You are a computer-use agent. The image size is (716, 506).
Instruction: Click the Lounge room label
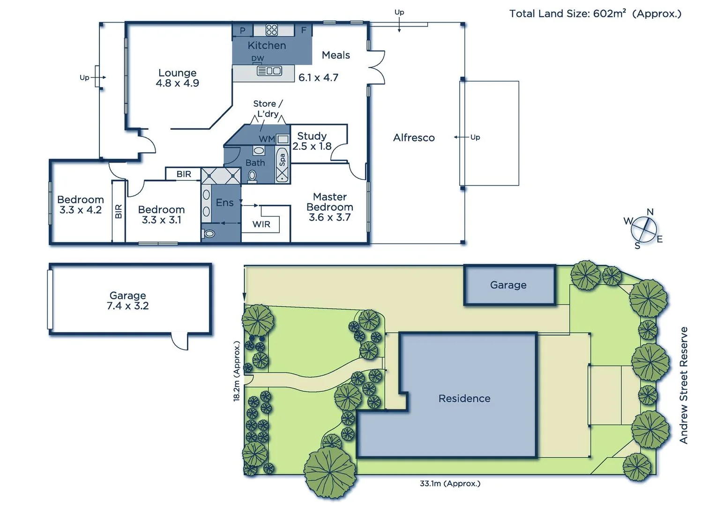[177, 73]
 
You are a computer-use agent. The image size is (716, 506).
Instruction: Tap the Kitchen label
[267, 45]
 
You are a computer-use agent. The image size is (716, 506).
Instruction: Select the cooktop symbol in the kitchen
[272, 30]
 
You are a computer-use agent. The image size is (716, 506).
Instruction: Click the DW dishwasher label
[258, 59]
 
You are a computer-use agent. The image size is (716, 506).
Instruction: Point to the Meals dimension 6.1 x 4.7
[318, 78]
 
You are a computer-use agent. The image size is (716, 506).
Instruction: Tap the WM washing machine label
[267, 139]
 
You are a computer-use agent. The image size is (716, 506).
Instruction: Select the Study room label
[312, 136]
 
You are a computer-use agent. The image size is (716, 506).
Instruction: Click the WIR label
[261, 224]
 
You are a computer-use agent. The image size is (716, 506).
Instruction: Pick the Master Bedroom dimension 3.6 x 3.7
[329, 217]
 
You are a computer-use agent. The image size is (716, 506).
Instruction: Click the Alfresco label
[414, 138]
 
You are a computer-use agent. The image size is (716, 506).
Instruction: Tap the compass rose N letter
[650, 212]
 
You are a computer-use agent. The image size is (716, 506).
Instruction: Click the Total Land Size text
[595, 14]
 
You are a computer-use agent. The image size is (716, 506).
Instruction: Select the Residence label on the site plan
[464, 398]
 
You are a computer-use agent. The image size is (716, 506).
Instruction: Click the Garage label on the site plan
[508, 285]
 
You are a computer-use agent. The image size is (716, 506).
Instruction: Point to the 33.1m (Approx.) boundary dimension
[450, 484]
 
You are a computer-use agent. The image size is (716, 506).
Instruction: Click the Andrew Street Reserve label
[684, 385]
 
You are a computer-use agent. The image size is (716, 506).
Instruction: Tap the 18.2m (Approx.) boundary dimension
[237, 371]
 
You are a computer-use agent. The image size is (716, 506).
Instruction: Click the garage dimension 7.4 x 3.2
[127, 306]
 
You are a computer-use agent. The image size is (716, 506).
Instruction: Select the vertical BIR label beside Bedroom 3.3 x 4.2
[119, 211]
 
